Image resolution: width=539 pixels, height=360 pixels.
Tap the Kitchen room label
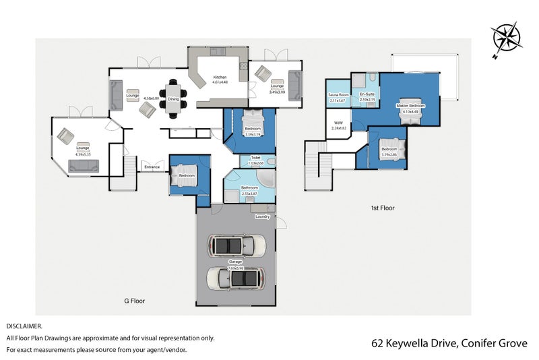point(220,77)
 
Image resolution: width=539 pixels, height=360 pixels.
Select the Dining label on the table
point(173,99)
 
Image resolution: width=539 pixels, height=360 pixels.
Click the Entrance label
point(152,167)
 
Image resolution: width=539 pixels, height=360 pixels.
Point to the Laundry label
point(263,216)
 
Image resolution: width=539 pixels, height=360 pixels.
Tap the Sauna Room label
point(338,95)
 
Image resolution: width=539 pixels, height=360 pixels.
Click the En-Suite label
point(367,94)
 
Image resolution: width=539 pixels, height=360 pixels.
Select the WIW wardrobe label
point(338,123)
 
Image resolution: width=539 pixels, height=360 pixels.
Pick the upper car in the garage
point(235,245)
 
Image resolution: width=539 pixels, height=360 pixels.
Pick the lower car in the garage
point(235,277)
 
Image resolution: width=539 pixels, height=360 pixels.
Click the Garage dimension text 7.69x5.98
point(235,268)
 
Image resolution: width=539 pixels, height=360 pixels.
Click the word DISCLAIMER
point(24,326)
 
